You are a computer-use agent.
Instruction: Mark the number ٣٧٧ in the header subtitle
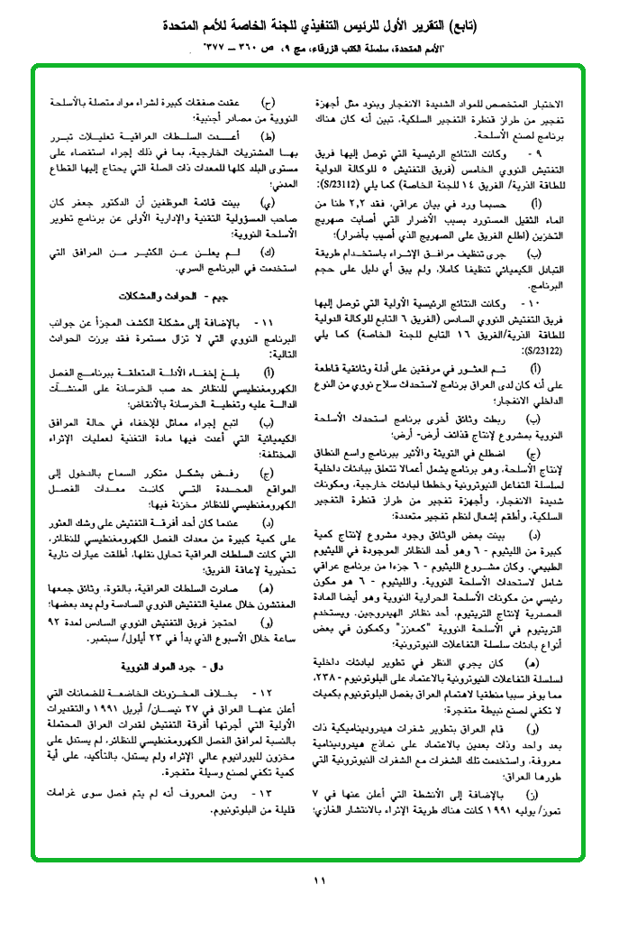coord(214,44)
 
